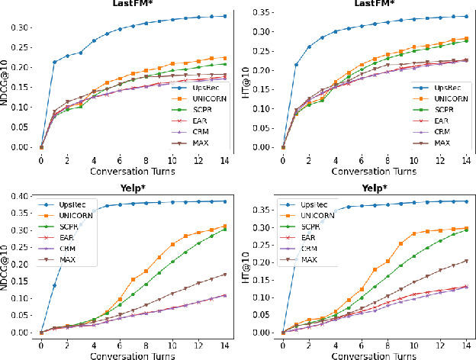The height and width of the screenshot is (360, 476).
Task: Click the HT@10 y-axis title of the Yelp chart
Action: click(x=249, y=263)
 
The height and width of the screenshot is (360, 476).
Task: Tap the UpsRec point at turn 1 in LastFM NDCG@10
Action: click(x=54, y=63)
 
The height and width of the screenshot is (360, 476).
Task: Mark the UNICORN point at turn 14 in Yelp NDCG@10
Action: click(x=225, y=226)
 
